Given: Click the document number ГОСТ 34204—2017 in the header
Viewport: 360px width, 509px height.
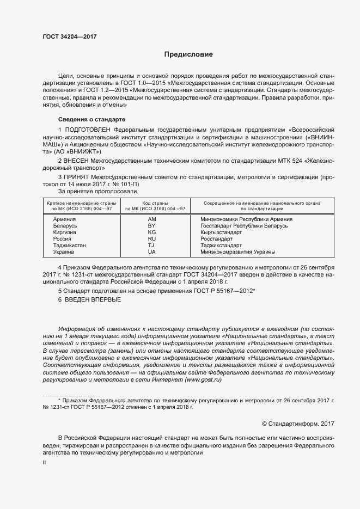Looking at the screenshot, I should tap(70, 37).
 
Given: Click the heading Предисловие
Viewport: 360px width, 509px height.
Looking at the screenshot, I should tap(188, 54).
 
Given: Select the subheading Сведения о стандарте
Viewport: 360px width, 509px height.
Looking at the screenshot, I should tap(91, 119).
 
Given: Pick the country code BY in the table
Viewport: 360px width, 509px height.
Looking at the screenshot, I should tap(152, 225).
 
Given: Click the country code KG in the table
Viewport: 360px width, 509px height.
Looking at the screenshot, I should tap(152, 232).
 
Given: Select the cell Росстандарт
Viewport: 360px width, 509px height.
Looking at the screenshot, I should tap(216, 238).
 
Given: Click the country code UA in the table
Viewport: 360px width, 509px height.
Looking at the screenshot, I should tap(152, 252).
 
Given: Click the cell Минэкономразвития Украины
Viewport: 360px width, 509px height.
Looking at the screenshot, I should tap(237, 252).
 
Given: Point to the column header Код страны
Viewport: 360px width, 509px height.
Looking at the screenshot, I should tap(155, 203).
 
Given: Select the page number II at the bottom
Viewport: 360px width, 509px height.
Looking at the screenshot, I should tap(44, 462).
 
